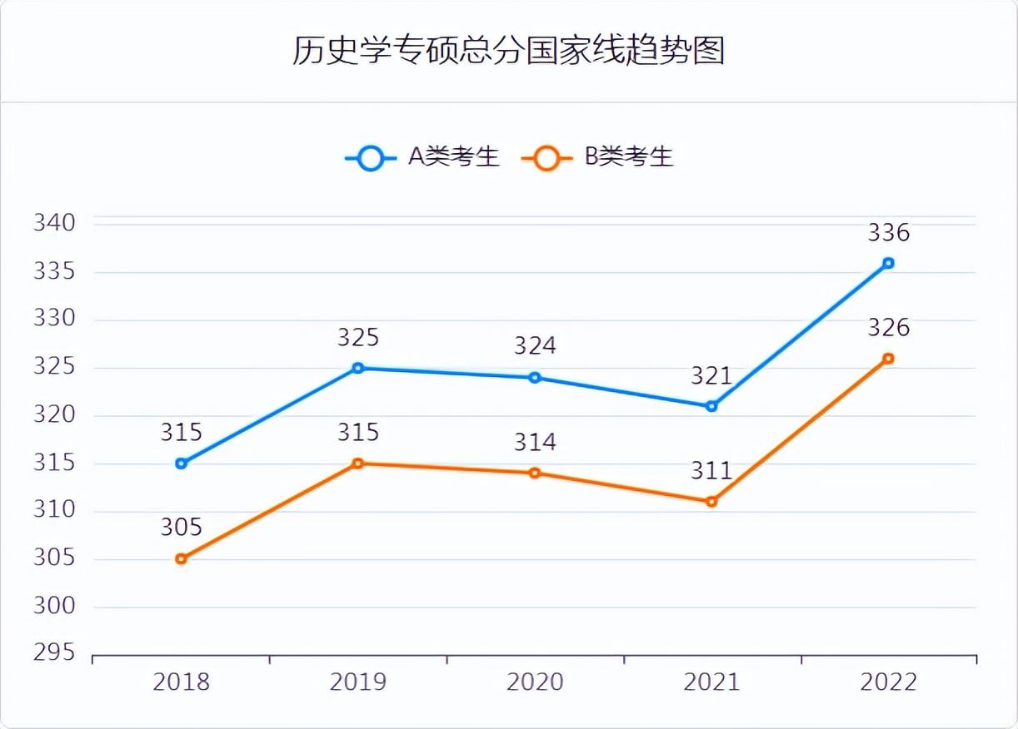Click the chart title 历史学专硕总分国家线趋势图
point(508,50)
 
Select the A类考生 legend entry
point(423,157)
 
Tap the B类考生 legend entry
point(597,157)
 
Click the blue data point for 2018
point(181,464)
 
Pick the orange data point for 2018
point(181,559)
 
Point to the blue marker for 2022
point(888,263)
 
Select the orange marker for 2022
point(888,359)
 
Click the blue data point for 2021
point(711,406)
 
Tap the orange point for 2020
point(535,473)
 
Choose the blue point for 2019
point(357,368)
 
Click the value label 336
point(888,233)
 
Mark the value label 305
point(181,528)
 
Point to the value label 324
point(535,345)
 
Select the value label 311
point(711,471)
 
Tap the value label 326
point(888,328)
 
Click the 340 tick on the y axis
point(55,223)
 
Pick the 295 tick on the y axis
point(55,653)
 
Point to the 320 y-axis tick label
point(55,414)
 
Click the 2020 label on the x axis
point(535,682)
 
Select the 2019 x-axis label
point(357,682)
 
